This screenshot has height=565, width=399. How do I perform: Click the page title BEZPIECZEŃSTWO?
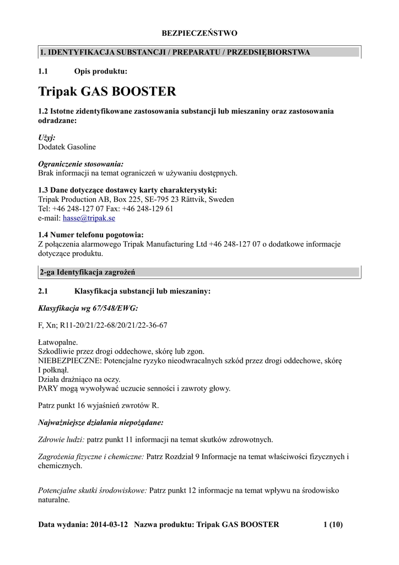click(x=199, y=33)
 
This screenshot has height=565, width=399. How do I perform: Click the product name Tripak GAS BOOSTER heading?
click(x=107, y=91)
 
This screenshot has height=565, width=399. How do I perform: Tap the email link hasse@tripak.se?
click(x=89, y=218)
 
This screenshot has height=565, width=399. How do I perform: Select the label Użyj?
click(x=47, y=137)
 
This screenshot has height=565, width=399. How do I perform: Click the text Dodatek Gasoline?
click(x=67, y=147)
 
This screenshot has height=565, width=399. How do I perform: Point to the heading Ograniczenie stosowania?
click(x=80, y=164)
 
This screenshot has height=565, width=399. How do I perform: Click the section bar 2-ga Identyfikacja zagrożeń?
click(x=199, y=272)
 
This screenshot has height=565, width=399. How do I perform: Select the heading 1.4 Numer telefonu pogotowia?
click(x=91, y=234)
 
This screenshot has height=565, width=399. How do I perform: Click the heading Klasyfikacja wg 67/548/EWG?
click(x=88, y=308)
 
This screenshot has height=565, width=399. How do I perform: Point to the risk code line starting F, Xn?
click(x=103, y=325)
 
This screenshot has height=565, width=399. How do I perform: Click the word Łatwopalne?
click(x=58, y=342)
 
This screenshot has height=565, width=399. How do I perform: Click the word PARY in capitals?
click(x=48, y=388)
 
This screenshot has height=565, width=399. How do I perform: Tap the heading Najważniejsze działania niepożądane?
click(x=100, y=422)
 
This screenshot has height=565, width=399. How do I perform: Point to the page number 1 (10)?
click(x=333, y=524)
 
